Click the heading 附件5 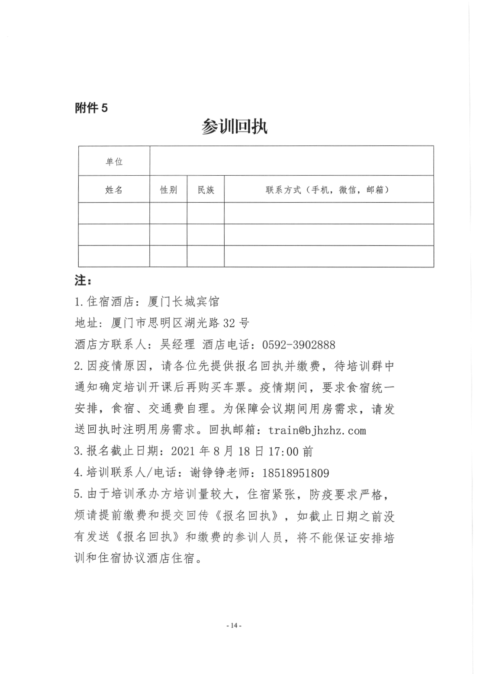(x=91, y=108)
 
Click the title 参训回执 (x=234, y=127)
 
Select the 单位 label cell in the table (x=114, y=161)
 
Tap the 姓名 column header (x=114, y=190)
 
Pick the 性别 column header (x=168, y=190)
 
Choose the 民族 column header (x=206, y=190)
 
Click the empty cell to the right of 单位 (x=291, y=161)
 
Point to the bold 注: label (x=83, y=281)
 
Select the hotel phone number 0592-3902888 (x=299, y=345)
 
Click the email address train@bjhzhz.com (x=317, y=430)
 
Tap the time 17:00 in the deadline (x=283, y=451)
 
